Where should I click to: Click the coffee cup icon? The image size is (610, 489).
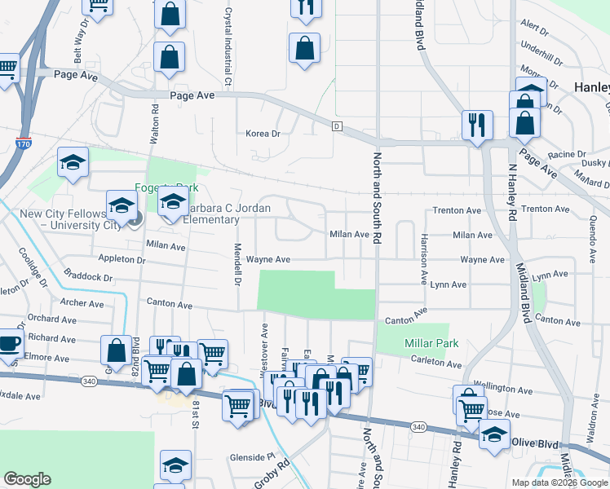pyautogui.click(x=9, y=342)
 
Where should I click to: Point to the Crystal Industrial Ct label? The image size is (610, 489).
pyautogui.click(x=228, y=47)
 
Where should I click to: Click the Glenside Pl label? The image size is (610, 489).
pyautogui.click(x=231, y=457)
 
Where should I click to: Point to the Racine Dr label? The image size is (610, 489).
pyautogui.click(x=568, y=154)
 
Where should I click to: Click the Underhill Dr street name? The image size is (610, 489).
pyautogui.click(x=541, y=59)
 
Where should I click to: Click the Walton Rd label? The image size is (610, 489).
pyautogui.click(x=153, y=122)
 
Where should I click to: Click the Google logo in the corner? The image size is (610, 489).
pyautogui.click(x=27, y=479)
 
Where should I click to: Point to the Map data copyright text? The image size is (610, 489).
pyautogui.click(x=559, y=482)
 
